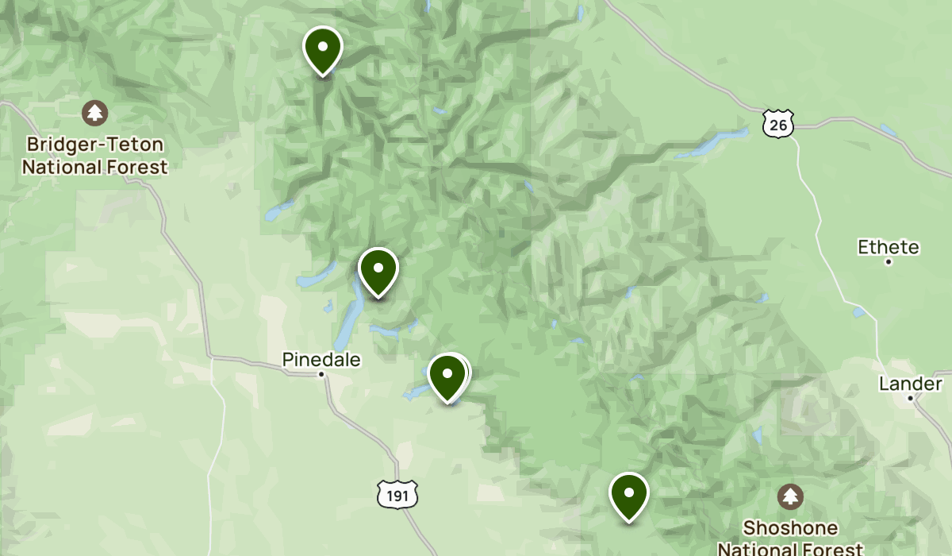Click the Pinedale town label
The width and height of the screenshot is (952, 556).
point(321,360)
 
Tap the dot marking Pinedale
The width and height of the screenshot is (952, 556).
point(321,374)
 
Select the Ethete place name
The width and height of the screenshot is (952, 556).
point(889,247)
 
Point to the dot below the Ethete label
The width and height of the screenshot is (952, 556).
point(889,261)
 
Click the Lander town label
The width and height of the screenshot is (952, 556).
point(910,384)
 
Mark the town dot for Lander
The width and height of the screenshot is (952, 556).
point(911,398)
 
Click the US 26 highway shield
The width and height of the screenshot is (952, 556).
point(778,123)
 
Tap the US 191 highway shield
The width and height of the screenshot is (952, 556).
point(393,493)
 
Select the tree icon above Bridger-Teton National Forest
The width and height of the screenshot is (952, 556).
point(95,112)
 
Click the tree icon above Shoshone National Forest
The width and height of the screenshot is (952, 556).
point(790,497)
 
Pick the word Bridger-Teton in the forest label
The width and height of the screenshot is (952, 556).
point(95,145)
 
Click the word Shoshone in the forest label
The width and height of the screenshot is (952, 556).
point(790,528)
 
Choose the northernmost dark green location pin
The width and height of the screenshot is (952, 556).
point(322,48)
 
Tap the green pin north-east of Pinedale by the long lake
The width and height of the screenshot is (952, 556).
point(378,269)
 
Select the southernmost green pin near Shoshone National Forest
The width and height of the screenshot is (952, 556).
point(628,494)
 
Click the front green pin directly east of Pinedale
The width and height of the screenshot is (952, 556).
point(447,376)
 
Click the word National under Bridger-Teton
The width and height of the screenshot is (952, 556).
point(61,168)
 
